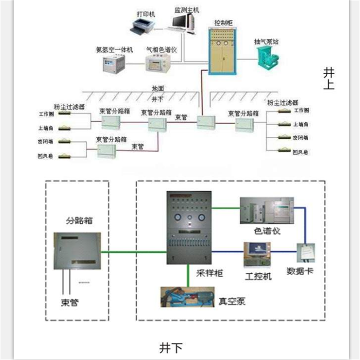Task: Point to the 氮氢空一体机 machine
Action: click(x=113, y=63)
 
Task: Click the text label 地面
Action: click(x=158, y=90)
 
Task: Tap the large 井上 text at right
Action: click(x=329, y=78)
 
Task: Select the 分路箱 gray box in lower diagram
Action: click(x=76, y=251)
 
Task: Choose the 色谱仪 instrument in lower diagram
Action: click(x=266, y=210)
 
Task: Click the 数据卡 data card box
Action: click(x=306, y=254)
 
